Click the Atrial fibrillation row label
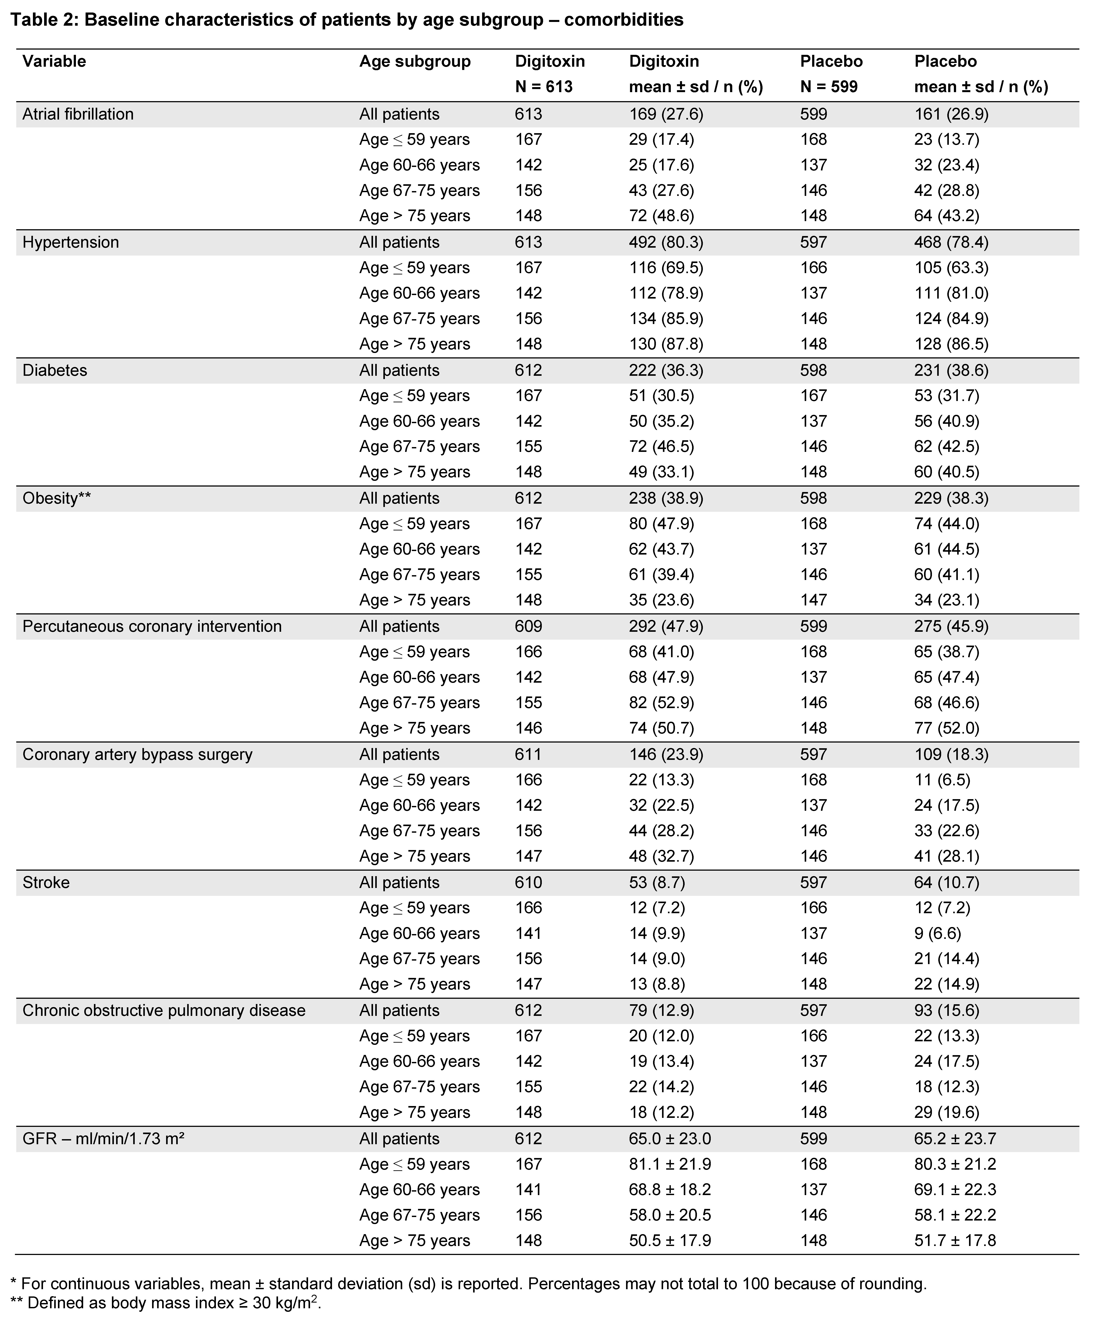tap(78, 115)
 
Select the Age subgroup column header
tap(415, 62)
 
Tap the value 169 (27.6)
tap(666, 115)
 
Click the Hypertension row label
tap(70, 242)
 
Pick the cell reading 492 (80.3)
tap(666, 242)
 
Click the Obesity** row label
tap(57, 498)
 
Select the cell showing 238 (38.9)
tap(666, 498)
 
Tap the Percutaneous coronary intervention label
tap(152, 626)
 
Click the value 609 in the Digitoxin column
tap(528, 626)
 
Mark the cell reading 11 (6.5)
tap(942, 780)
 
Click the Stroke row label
tap(46, 882)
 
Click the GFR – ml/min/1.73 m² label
tap(103, 1138)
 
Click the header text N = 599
tap(829, 87)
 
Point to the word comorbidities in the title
tap(623, 20)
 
